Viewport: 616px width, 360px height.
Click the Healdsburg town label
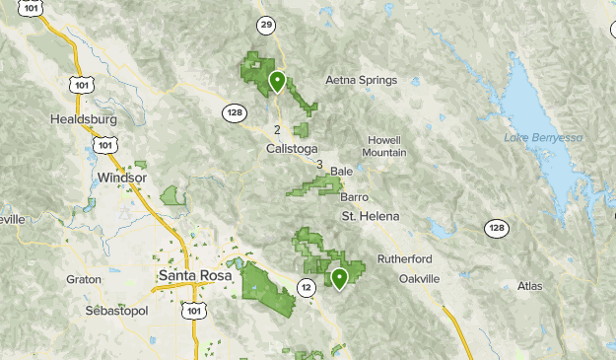point(83,119)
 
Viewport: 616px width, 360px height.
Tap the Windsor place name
point(122,178)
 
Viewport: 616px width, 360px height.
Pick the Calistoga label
point(293,149)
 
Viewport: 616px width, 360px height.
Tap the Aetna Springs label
point(361,80)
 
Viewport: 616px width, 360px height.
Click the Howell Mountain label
point(384,146)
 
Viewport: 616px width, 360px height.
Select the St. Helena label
point(371,215)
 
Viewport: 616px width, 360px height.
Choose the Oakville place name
point(418,279)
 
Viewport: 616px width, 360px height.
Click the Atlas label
point(529,286)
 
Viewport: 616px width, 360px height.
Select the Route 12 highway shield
point(308,288)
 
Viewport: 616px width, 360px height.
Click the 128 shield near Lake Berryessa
point(497,229)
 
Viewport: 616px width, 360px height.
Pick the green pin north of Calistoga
point(278,81)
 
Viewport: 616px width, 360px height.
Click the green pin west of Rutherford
point(339,277)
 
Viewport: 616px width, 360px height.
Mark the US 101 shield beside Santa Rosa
point(194,312)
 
